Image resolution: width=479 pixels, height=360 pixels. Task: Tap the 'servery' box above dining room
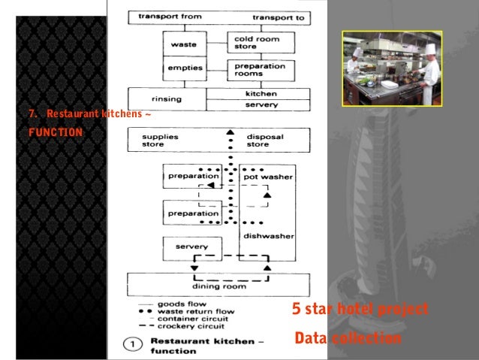pyautogui.click(x=191, y=247)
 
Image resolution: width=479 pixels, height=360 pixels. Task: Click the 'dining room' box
pyautogui.click(x=218, y=286)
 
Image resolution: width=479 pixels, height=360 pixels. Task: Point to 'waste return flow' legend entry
pyautogui.click(x=197, y=311)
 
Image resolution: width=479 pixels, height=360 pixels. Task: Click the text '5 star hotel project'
pyautogui.click(x=360, y=309)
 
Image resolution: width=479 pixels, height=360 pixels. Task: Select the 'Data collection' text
pyautogui.click(x=348, y=338)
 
